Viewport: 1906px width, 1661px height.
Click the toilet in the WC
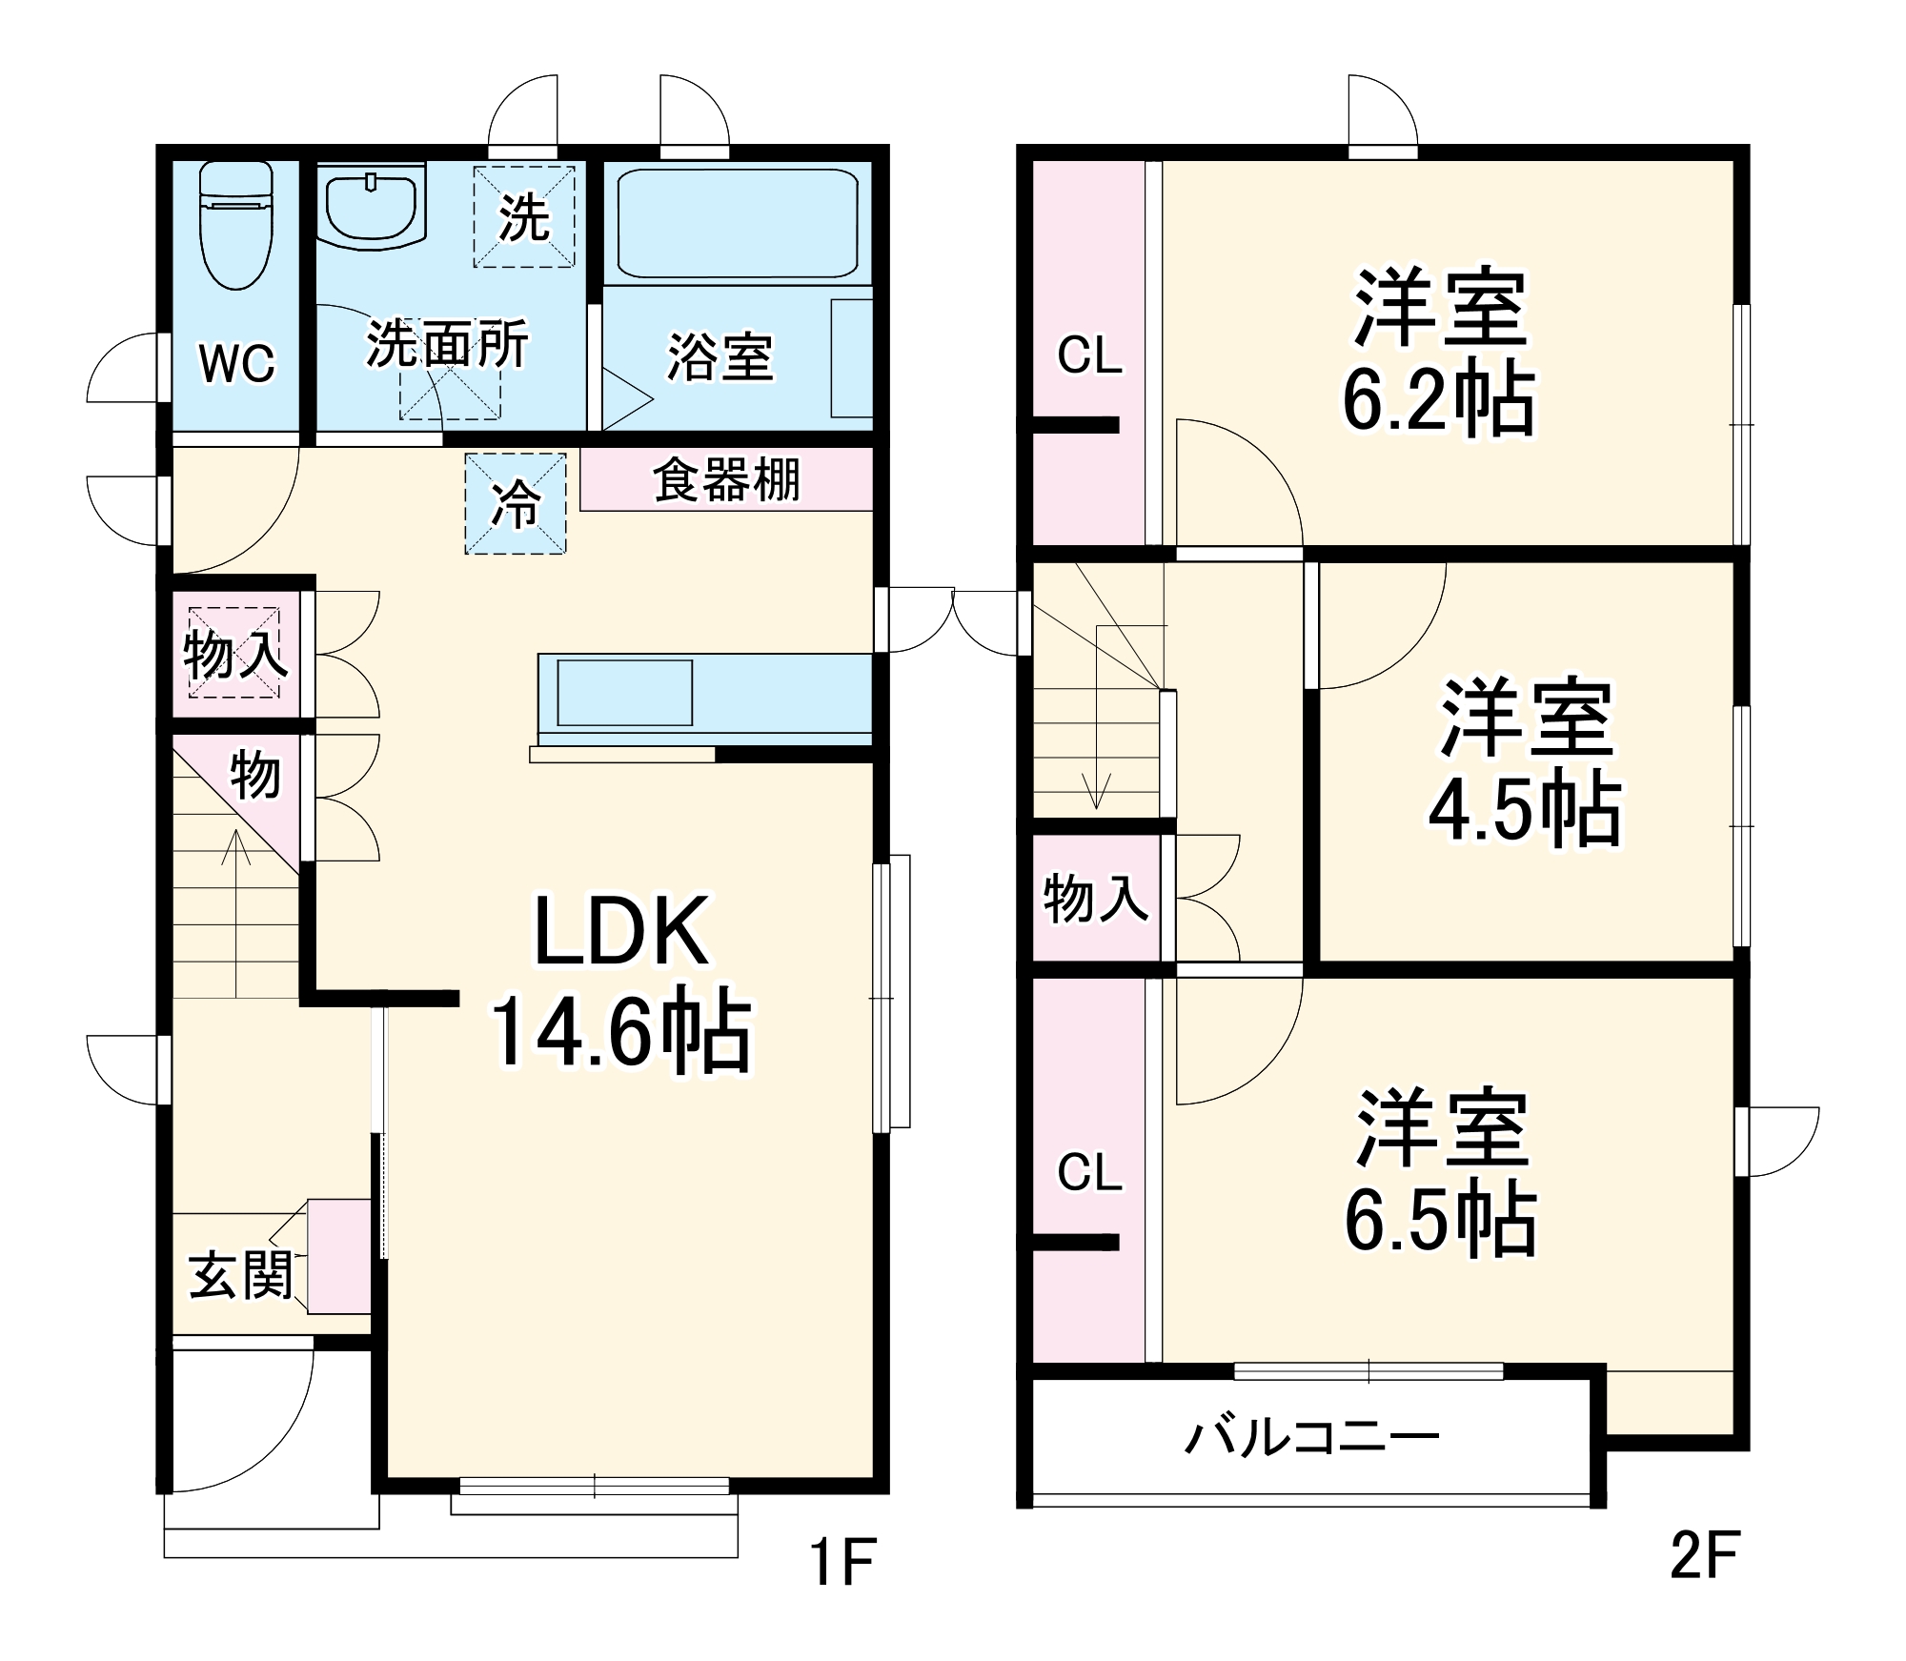(x=236, y=225)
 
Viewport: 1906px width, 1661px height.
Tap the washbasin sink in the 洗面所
(x=371, y=207)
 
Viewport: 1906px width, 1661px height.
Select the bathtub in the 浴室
(x=738, y=224)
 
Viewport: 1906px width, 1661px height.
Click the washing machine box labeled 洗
(x=524, y=217)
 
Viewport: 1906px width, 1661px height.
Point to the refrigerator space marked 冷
(x=516, y=503)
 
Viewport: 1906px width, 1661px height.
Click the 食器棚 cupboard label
(x=726, y=479)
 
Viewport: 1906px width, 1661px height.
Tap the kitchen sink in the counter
(x=624, y=693)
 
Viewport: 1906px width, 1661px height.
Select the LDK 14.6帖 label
(x=621, y=982)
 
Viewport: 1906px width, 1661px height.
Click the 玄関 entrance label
(x=240, y=1275)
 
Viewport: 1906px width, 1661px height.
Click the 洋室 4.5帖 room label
(x=1525, y=761)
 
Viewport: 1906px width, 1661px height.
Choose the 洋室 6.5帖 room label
(x=1441, y=1171)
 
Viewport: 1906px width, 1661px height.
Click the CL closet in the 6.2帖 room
(x=1089, y=354)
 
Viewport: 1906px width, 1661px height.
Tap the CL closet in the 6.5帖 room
(x=1089, y=1170)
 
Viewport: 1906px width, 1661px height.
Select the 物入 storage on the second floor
(x=1096, y=898)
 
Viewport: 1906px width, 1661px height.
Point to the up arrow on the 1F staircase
(x=236, y=913)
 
